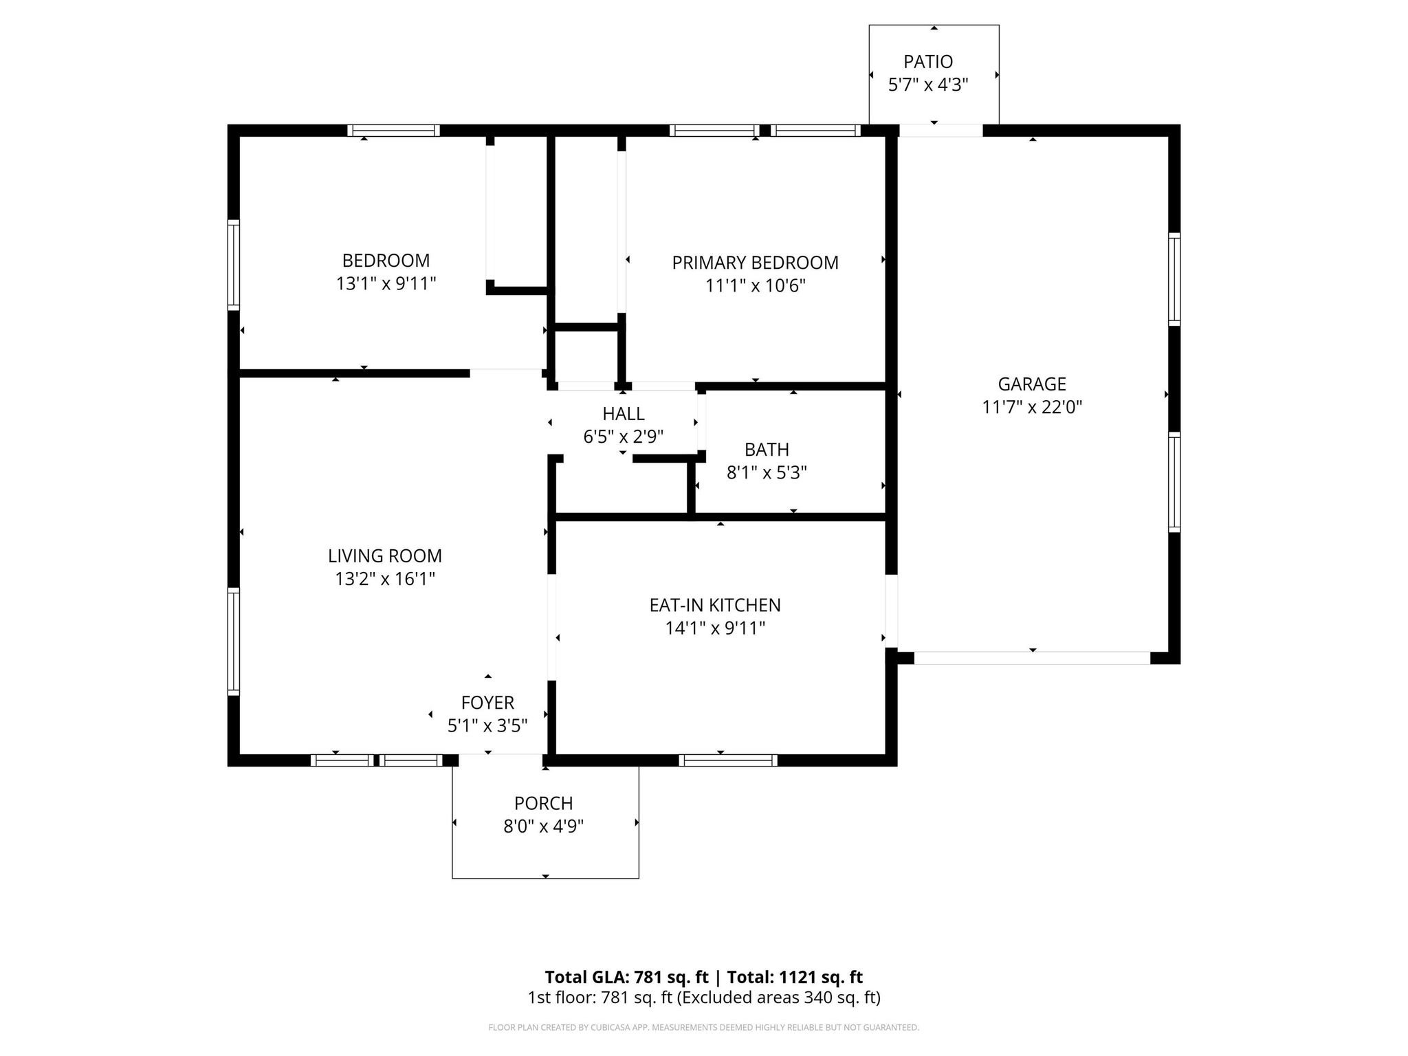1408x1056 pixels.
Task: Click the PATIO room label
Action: click(928, 62)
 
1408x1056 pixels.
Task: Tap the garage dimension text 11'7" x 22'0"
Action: click(1032, 407)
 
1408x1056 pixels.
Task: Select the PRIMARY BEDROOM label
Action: click(755, 263)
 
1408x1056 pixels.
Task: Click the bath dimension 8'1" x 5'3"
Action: click(767, 473)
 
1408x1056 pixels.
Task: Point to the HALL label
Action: click(623, 414)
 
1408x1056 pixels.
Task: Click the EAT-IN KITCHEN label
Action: click(715, 605)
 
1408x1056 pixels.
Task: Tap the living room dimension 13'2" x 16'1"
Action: click(385, 579)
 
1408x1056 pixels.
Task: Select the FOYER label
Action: click(487, 703)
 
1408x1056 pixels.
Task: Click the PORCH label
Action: click(543, 803)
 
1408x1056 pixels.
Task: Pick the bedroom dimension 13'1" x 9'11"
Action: click(386, 284)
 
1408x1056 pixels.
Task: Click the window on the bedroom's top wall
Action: click(393, 131)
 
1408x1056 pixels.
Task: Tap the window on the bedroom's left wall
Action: click(234, 265)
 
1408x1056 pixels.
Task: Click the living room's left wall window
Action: click(234, 641)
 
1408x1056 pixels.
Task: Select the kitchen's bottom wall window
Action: click(728, 760)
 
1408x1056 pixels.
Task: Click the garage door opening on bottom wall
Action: click(1031, 658)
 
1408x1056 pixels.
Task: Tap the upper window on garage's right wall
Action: click(1174, 278)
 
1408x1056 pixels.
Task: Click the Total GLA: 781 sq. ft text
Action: click(626, 977)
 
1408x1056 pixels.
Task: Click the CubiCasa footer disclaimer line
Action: click(703, 1027)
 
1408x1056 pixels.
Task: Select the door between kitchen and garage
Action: click(891, 611)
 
